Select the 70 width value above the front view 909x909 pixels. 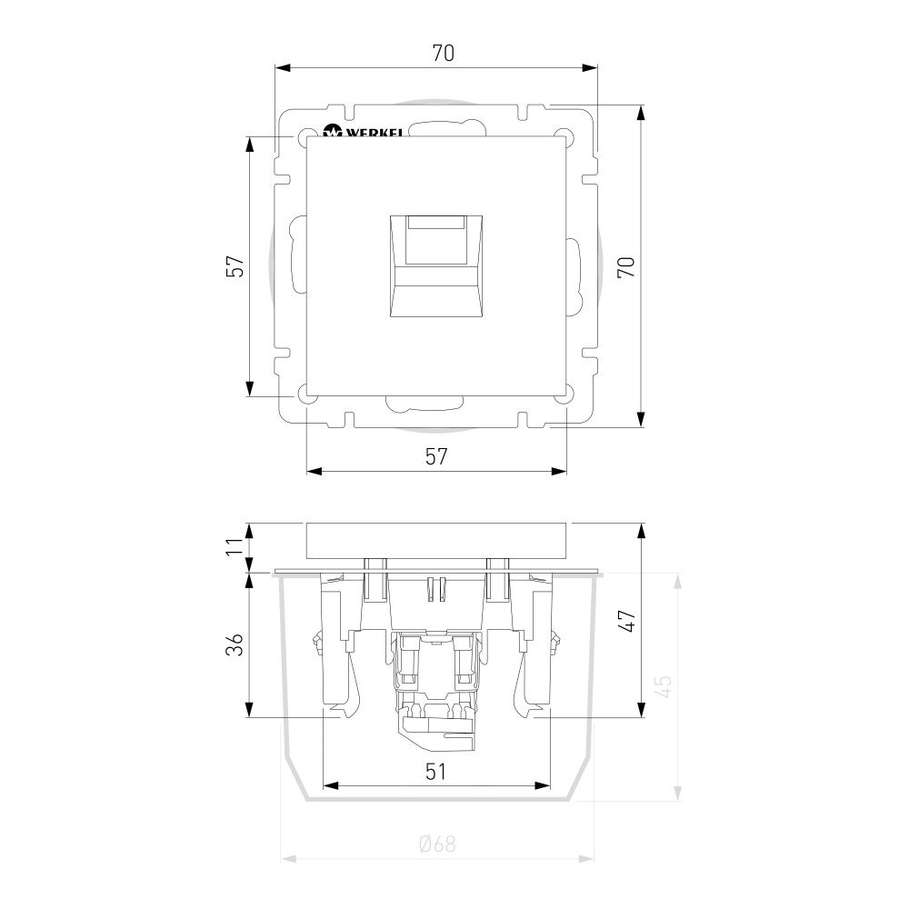click(443, 54)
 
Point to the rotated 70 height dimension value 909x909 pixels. click(626, 266)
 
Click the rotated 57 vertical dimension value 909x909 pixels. click(235, 266)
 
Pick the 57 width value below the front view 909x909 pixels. click(437, 456)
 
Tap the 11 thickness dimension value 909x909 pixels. click(235, 545)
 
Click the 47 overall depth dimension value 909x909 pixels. click(626, 620)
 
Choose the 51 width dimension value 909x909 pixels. click(437, 771)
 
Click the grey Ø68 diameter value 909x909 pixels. click(437, 844)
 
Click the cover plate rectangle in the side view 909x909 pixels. click(437, 541)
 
